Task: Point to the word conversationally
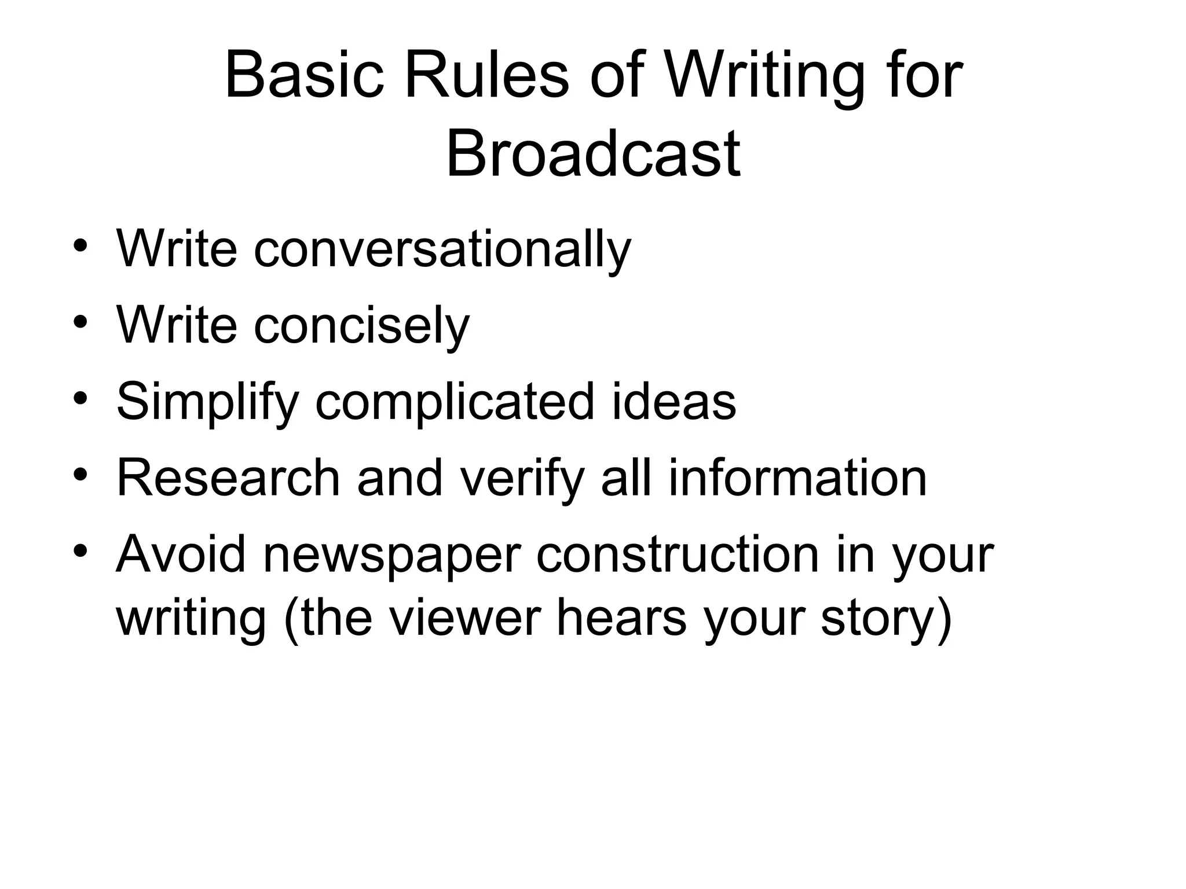click(x=442, y=249)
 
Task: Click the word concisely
click(x=361, y=326)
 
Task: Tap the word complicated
click(x=455, y=402)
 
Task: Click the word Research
click(x=228, y=478)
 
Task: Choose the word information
click(x=797, y=478)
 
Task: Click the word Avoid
click(x=181, y=554)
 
